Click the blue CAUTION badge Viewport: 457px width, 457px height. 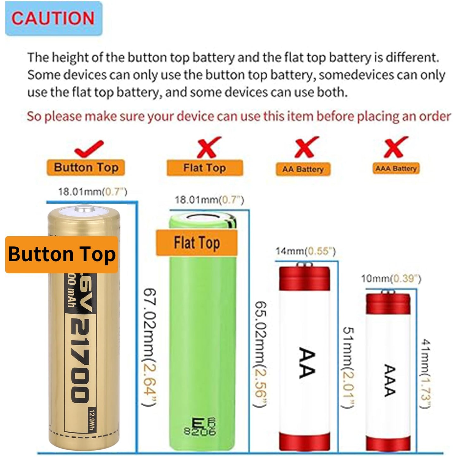[x=53, y=18]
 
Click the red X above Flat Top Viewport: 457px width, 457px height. [x=208, y=147]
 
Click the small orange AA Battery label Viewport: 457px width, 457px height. [x=303, y=169]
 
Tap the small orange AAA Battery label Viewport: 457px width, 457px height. [x=396, y=169]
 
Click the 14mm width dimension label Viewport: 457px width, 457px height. [x=305, y=251]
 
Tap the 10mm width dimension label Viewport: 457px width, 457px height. [x=391, y=279]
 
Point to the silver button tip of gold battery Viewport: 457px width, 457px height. [x=85, y=209]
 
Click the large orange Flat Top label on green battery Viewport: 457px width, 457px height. [x=197, y=243]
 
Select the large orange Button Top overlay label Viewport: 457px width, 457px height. [x=62, y=254]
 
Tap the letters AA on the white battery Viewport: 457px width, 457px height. [x=307, y=362]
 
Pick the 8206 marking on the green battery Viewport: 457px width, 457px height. [x=200, y=431]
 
